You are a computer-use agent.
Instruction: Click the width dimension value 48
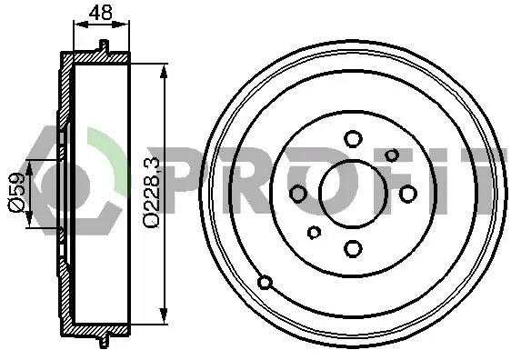tap(101, 13)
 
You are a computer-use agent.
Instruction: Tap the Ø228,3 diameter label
tap(152, 193)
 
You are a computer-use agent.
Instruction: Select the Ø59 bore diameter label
tap(16, 192)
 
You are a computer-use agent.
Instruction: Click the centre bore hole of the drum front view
tap(353, 194)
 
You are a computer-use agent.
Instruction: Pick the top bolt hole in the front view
tap(353, 139)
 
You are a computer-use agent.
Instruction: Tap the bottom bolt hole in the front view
tap(353, 248)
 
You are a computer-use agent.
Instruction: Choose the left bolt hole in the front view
tap(298, 194)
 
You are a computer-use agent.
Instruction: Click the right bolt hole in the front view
tap(407, 194)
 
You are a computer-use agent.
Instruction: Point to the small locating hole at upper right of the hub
tap(392, 155)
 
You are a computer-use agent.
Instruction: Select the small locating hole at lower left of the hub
tap(314, 232)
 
